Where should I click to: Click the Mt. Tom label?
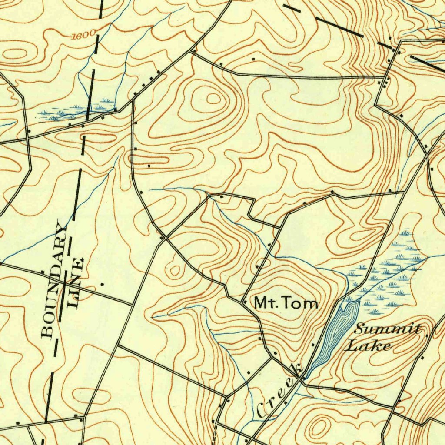click(x=286, y=303)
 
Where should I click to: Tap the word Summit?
click(x=387, y=329)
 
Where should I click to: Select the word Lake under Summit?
click(x=368, y=346)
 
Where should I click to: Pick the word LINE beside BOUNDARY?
click(x=75, y=283)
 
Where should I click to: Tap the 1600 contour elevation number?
click(x=81, y=36)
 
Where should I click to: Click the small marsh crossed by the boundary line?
click(x=74, y=111)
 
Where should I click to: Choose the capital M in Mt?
click(x=261, y=303)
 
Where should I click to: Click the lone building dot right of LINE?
click(x=102, y=284)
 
